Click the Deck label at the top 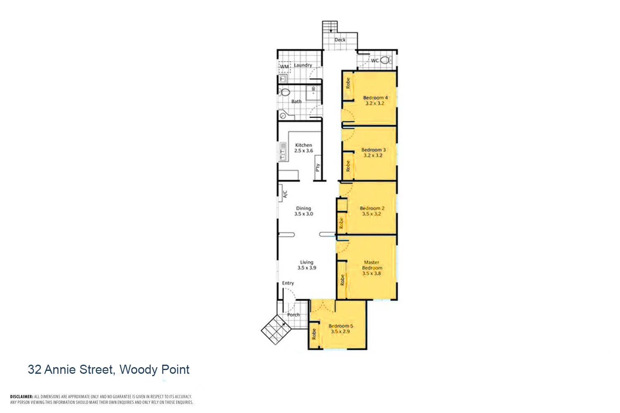(340, 40)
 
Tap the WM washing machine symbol (284, 66)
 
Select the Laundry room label (303, 65)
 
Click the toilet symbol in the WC (385, 60)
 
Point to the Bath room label (296, 101)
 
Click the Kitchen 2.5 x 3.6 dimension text (303, 151)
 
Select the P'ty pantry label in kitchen (317, 167)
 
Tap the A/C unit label (285, 194)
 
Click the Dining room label (303, 209)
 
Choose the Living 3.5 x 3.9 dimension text (307, 268)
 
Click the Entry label (288, 283)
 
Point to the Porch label (293, 315)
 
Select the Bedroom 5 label (341, 326)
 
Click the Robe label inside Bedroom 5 (314, 334)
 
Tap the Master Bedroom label (372, 265)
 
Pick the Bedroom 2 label (372, 209)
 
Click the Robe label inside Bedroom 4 (348, 83)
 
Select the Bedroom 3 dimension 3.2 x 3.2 (373, 155)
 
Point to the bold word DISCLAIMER (21, 396)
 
